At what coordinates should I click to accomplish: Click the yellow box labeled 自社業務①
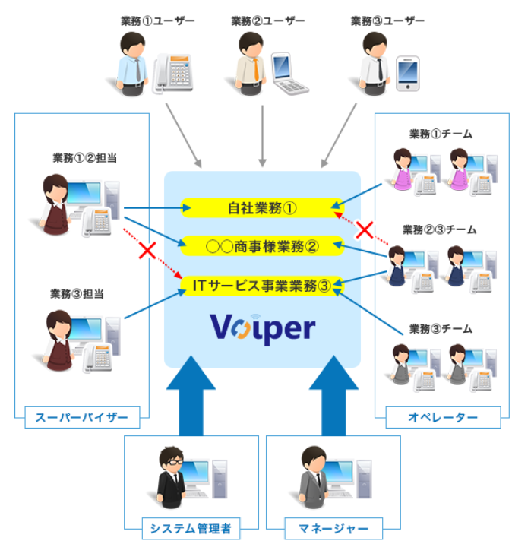pos(262,206)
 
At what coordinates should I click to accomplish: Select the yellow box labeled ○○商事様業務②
pos(262,245)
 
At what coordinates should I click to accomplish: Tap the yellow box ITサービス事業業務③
pos(262,286)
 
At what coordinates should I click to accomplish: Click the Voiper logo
pos(262,329)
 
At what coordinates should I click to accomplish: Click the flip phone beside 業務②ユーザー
pos(288,73)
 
